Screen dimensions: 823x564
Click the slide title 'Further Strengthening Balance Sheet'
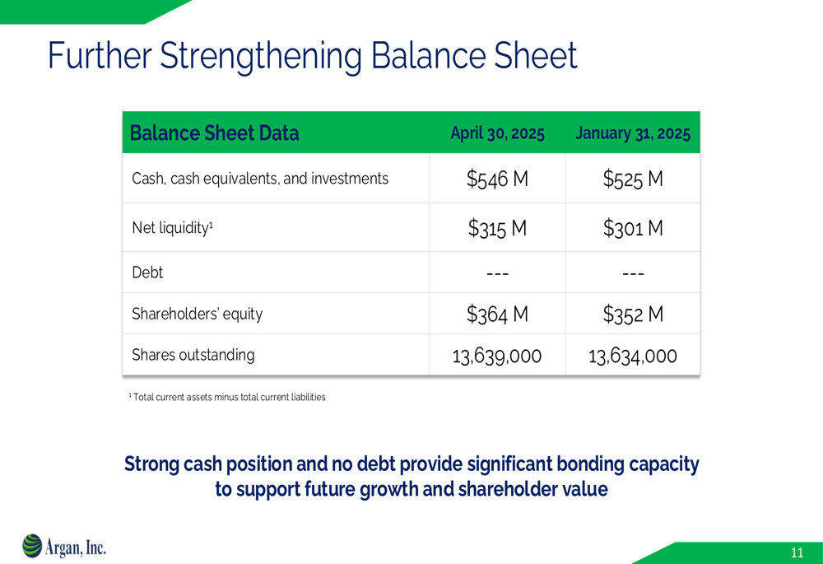(x=312, y=56)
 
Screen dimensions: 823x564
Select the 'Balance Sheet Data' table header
(x=214, y=133)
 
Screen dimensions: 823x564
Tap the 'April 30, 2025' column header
(x=498, y=133)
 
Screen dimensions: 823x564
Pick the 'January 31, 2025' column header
(x=633, y=133)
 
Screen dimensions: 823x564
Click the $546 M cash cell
(x=497, y=179)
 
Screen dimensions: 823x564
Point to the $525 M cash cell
(x=633, y=179)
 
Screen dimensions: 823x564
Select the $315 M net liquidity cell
(x=497, y=228)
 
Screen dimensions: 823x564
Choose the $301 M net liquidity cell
(x=633, y=228)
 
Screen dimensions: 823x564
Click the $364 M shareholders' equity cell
(x=497, y=314)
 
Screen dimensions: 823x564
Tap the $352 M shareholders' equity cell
(x=633, y=314)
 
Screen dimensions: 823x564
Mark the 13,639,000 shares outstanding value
(x=497, y=356)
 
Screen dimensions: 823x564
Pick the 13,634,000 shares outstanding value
(x=632, y=356)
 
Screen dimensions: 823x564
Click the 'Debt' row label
(x=147, y=273)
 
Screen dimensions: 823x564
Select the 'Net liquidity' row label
(x=172, y=228)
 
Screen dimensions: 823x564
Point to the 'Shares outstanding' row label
(x=193, y=356)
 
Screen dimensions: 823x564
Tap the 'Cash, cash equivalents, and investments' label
(x=260, y=179)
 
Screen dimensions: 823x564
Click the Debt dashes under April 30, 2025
(x=497, y=273)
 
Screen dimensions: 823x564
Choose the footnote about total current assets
(x=227, y=397)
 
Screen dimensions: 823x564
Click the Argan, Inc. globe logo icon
(x=32, y=546)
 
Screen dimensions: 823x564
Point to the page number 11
(x=797, y=552)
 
